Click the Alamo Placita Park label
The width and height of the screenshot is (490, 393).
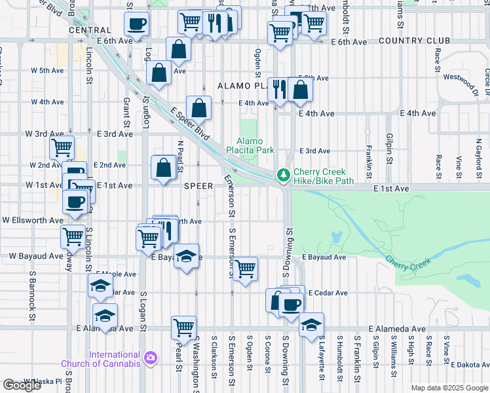(255, 145)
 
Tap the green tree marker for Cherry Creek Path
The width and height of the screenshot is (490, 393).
(283, 175)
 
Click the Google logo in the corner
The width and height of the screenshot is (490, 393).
(22, 385)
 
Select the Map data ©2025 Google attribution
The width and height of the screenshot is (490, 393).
(449, 388)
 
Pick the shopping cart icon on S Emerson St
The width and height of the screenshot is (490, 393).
(245, 269)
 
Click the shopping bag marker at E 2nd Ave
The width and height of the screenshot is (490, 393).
(163, 168)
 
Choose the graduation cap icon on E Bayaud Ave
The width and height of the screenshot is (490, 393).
(187, 256)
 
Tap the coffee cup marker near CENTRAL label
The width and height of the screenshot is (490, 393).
(136, 25)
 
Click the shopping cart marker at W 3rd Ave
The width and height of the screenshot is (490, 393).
(62, 148)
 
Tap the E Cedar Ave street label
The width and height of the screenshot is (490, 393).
(328, 293)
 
